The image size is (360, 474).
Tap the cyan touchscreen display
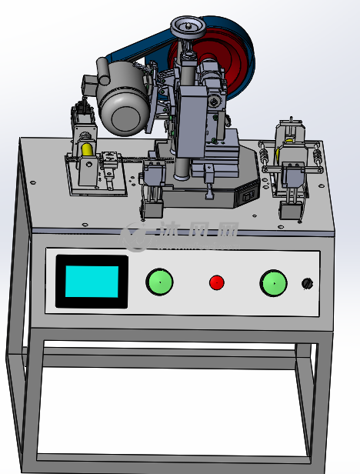click(x=92, y=282)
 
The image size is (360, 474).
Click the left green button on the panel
click(x=159, y=282)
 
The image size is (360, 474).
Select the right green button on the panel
click(x=274, y=283)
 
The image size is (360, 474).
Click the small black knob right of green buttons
click(x=308, y=283)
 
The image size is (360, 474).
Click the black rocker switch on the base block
click(x=247, y=196)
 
